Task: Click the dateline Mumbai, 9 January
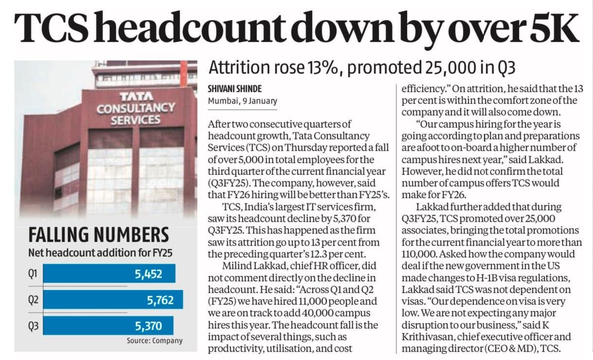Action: click(x=242, y=101)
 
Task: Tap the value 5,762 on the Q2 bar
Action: click(x=160, y=300)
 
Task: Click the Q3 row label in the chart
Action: click(x=33, y=325)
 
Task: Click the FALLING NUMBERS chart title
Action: click(x=98, y=235)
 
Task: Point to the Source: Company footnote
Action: click(x=154, y=341)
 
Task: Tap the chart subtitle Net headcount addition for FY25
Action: click(x=100, y=253)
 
